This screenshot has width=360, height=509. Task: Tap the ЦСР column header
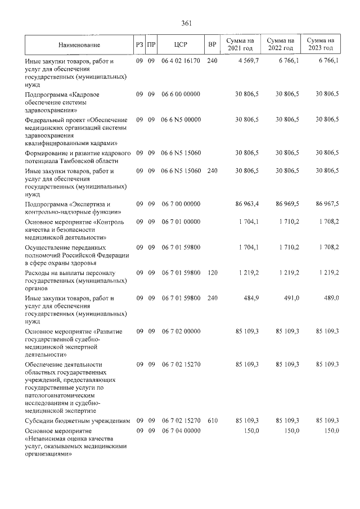181,44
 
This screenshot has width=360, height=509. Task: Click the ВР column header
211,44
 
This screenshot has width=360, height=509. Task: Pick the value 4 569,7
247,60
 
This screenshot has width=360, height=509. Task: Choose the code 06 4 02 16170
181,60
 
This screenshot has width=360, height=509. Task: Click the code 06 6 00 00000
181,94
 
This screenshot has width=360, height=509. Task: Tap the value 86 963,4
247,204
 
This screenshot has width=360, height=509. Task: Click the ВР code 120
211,272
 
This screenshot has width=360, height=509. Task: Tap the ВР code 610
211,420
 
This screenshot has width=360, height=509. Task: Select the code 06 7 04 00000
181,430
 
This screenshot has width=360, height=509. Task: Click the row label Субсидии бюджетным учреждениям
78,420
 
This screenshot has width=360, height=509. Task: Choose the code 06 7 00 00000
181,204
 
